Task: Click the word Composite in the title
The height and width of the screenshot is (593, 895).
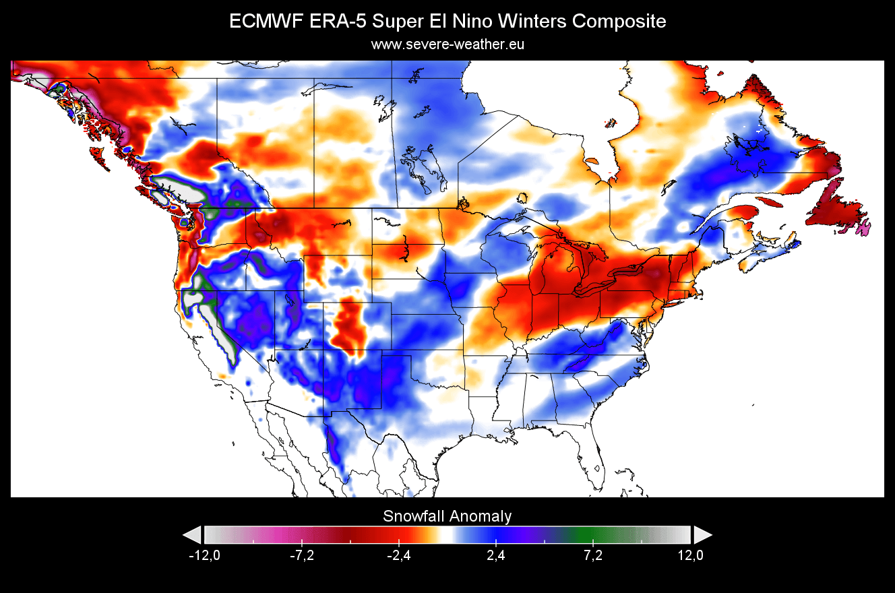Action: point(619,22)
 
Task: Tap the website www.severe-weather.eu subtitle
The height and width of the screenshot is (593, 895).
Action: point(448,44)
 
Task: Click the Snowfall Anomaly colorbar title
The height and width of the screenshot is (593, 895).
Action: point(448,516)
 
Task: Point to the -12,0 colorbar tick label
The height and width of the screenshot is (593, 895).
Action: point(204,556)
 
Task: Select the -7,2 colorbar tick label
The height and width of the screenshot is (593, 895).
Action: point(301,556)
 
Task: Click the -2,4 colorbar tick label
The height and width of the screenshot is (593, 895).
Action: point(399,556)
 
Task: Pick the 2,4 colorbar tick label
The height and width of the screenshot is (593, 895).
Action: point(496,556)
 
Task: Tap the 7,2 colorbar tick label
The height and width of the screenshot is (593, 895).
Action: point(593,556)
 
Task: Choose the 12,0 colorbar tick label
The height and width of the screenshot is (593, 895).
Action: point(690,556)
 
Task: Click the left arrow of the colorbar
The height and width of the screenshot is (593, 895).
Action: point(192,535)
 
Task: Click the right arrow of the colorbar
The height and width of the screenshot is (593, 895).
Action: point(702,535)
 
